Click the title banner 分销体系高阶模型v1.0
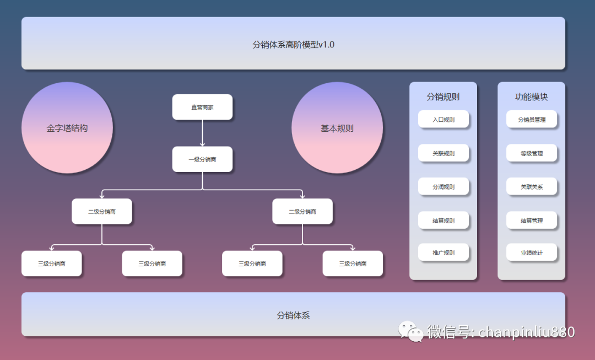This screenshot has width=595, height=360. pyautogui.click(x=293, y=44)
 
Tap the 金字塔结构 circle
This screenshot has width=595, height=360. pyautogui.click(x=67, y=128)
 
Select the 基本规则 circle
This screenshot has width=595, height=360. pyautogui.click(x=337, y=128)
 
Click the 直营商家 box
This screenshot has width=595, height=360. pyautogui.click(x=202, y=107)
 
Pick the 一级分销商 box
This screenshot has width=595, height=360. pyautogui.click(x=202, y=159)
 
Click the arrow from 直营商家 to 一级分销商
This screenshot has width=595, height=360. pyautogui.click(x=202, y=133)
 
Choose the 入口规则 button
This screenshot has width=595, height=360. pyautogui.click(x=443, y=119)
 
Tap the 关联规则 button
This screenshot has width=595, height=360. pyautogui.click(x=443, y=153)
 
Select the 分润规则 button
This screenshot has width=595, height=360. pyautogui.click(x=443, y=187)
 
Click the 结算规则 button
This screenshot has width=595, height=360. pyautogui.click(x=443, y=221)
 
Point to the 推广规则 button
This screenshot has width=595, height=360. pyautogui.click(x=443, y=252)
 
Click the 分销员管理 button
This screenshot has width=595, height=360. pyautogui.click(x=532, y=119)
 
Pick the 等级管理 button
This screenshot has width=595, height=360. pyautogui.click(x=532, y=153)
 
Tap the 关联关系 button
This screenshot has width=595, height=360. pyautogui.click(x=532, y=187)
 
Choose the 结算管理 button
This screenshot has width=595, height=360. pyautogui.click(x=532, y=221)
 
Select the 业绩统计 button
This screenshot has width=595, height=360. pyautogui.click(x=532, y=252)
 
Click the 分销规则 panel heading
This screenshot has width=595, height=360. pyautogui.click(x=443, y=97)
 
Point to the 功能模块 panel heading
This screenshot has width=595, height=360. pyautogui.click(x=532, y=97)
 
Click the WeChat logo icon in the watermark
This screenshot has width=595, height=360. pyautogui.click(x=411, y=331)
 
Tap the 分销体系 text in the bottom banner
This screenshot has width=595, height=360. pyautogui.click(x=293, y=315)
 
